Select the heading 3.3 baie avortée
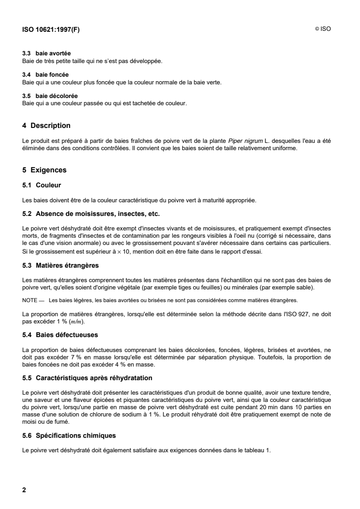coord(46,54)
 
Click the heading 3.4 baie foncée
coord(46,74)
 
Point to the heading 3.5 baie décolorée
coord(50,96)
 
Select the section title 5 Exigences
coord(44,170)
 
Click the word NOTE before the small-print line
coord(30,300)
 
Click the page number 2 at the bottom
coord(25,490)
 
